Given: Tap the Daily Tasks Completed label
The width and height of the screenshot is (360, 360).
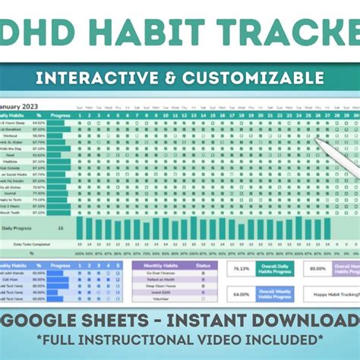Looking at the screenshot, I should pos(32,244).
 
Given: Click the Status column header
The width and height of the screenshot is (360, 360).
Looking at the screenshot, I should pos(202,265).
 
